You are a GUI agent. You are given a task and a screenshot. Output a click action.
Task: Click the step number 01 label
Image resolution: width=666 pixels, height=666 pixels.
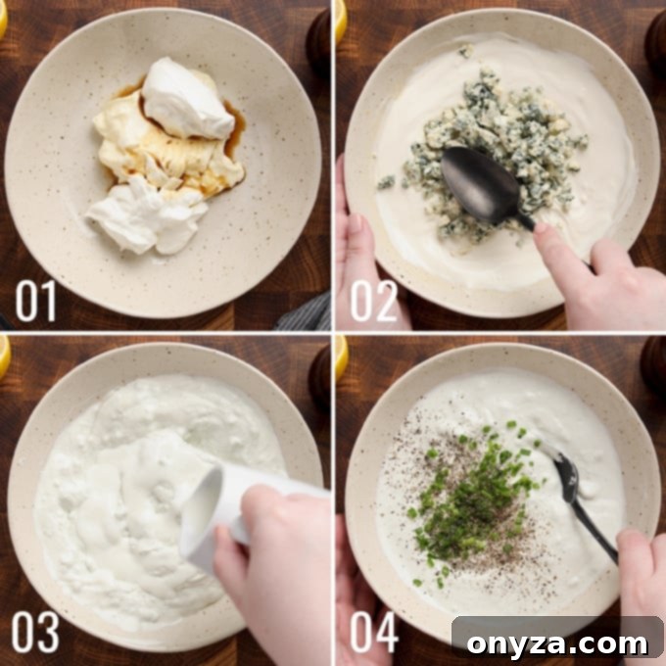coord(36,301)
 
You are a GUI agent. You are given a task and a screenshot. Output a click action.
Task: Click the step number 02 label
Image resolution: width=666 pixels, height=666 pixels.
coord(374,301)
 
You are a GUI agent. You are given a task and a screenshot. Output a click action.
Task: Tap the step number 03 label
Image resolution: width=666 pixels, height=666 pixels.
coord(36,632)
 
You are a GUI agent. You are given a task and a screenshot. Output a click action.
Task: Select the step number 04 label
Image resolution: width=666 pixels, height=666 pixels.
coord(374,632)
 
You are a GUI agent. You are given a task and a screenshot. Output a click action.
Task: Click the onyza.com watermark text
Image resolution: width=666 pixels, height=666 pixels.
coord(556,642)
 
